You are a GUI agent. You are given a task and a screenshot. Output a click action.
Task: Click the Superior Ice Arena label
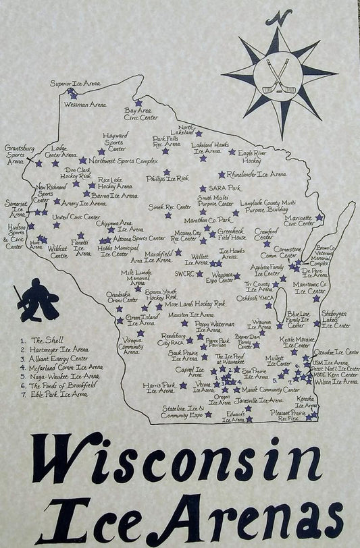[76, 84]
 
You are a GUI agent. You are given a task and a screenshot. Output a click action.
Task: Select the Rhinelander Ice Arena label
[256, 174]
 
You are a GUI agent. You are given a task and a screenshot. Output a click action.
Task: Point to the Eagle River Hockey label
[251, 157]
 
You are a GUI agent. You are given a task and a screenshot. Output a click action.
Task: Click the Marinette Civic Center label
[299, 220]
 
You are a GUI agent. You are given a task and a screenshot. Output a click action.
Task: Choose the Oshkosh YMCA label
[256, 298]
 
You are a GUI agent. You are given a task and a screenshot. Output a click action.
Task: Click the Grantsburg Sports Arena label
[16, 154]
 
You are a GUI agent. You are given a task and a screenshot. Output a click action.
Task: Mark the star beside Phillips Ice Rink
[203, 173]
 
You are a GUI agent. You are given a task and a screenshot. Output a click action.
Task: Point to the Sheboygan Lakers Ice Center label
[335, 320]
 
